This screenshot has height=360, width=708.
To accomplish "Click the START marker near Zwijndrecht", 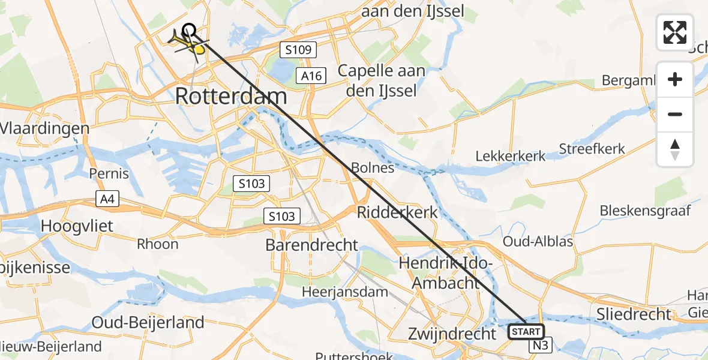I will [526, 331].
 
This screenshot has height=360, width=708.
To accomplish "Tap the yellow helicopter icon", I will [188, 43].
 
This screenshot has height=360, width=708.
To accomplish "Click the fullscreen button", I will [675, 32].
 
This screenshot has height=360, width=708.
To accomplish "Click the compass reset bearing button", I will [675, 149].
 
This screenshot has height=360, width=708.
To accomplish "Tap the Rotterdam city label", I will [231, 96].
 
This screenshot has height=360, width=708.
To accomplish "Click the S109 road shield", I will [298, 50].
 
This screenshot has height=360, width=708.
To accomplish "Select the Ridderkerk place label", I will [397, 212].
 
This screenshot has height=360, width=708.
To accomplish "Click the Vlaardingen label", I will [45, 128].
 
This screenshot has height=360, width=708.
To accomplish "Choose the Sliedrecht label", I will [634, 313].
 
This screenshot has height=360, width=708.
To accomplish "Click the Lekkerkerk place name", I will [511, 156].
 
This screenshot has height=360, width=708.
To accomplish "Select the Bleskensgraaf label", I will [646, 211].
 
